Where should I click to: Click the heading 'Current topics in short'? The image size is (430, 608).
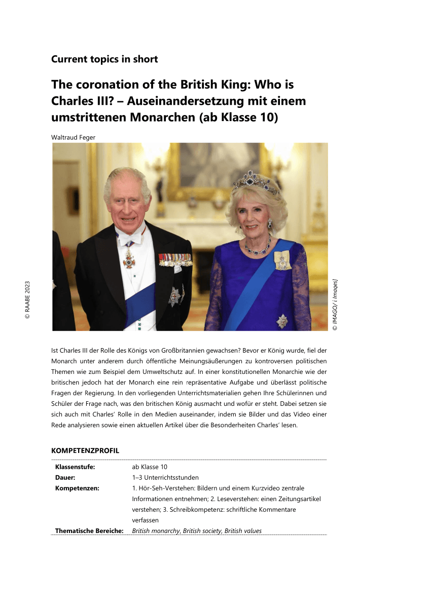[x=104, y=59]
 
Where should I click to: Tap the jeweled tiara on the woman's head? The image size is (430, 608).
[x=255, y=181]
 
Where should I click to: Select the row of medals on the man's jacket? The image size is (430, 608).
[x=175, y=259]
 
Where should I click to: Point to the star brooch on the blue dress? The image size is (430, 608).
[x=281, y=321]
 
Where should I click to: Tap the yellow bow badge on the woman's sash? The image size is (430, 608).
[x=283, y=259]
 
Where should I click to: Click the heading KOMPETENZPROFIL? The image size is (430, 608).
[x=85, y=450]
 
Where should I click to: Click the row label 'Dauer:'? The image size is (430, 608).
[x=65, y=477]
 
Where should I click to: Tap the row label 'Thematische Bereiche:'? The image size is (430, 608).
[x=89, y=531]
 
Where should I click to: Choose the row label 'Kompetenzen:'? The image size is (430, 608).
[x=77, y=488]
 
